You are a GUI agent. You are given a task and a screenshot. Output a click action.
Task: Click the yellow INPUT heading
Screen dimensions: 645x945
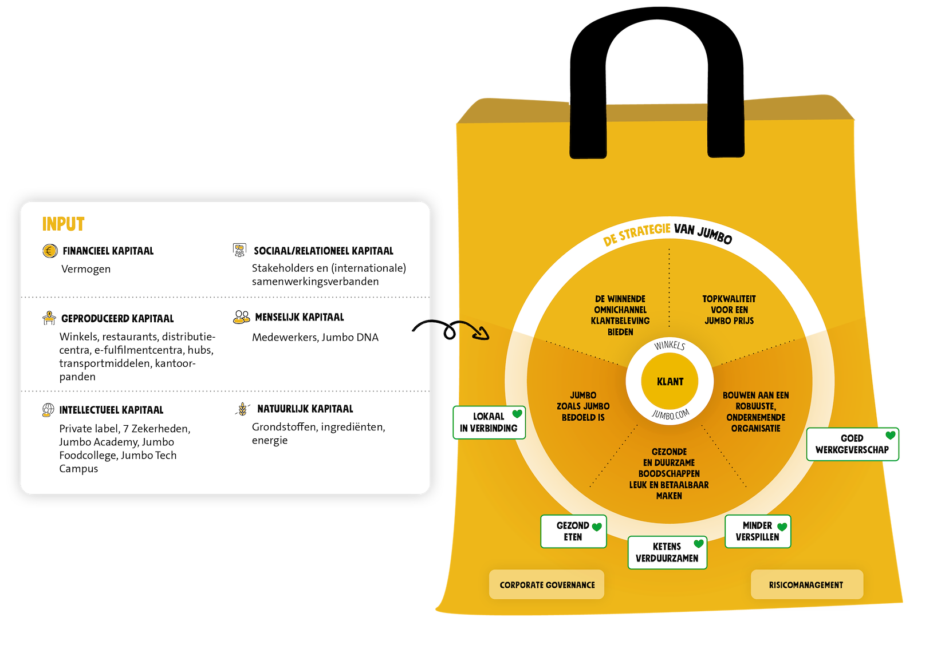point(64,224)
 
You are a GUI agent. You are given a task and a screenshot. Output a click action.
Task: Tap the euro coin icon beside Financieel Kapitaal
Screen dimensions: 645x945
point(50,251)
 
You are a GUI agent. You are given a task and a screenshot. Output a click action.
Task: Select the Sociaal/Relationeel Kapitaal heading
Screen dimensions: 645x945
point(323,251)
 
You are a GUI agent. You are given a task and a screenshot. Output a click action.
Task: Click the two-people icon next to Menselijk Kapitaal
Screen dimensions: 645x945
point(241,317)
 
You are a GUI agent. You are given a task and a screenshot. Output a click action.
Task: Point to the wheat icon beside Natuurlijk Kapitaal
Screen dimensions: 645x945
point(243,409)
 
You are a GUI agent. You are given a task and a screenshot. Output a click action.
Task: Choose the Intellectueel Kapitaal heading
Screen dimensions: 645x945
point(111,410)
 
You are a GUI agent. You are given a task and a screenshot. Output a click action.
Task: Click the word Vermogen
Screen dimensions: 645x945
point(86,269)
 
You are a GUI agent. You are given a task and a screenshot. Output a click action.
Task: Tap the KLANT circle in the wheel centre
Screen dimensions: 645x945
point(670,381)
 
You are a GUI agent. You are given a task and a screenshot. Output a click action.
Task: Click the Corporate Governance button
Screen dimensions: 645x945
point(547,584)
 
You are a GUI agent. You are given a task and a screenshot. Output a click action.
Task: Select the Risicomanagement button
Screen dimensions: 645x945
point(806,584)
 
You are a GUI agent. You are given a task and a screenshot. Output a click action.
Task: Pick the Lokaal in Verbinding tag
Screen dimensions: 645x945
point(489,422)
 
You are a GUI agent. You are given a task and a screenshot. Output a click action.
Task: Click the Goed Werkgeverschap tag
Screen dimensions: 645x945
point(852,444)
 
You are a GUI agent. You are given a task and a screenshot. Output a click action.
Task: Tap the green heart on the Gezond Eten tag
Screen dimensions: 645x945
point(597,527)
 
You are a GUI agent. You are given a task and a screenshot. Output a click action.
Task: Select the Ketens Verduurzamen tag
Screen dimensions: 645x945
point(667,552)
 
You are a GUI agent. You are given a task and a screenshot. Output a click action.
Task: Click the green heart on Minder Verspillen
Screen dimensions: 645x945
point(782,527)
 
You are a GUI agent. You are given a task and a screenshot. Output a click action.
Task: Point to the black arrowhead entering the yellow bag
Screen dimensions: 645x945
point(483,334)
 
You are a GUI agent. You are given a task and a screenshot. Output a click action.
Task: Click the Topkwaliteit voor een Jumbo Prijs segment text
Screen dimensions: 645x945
point(729,310)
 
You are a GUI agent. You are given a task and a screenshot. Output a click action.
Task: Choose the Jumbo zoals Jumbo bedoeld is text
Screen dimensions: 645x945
point(583,406)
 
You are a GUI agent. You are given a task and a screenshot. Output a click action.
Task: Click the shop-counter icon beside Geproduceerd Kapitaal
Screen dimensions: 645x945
point(49,318)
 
